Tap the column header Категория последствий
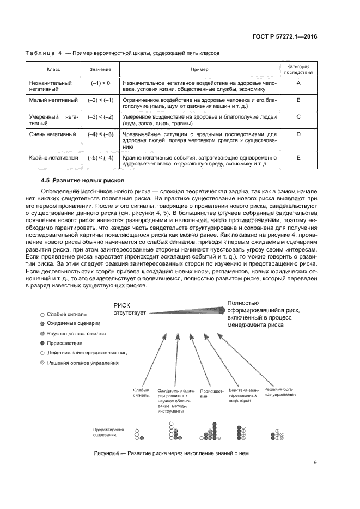(x=299, y=69)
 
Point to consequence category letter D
(x=299, y=133)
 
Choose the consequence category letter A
(x=299, y=83)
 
